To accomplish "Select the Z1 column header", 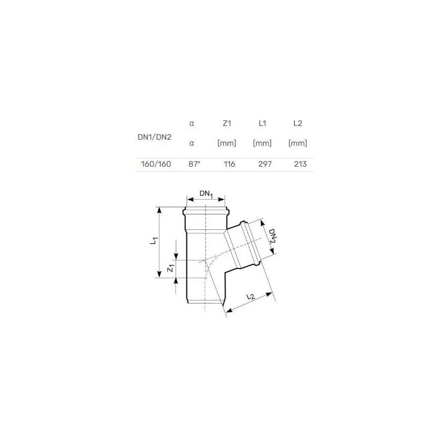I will point(227,124).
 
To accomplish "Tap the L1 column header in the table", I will point(262,124).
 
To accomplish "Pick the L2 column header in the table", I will point(298,124).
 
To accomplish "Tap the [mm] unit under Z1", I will point(227,144).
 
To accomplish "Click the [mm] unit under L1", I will point(262,144).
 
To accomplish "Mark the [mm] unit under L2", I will point(298,144).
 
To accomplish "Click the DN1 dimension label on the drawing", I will point(206,194).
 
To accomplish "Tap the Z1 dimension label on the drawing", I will point(171,269).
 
